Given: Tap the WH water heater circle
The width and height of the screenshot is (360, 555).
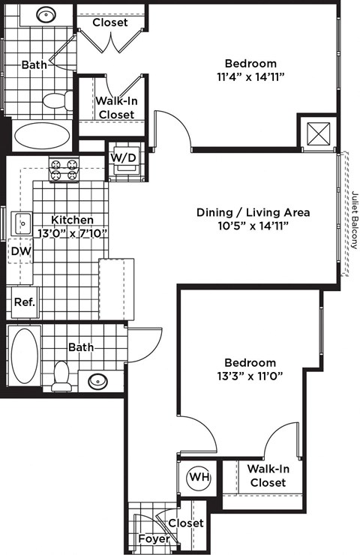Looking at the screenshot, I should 198,477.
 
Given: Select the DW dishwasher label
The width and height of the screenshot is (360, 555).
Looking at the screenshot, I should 21,251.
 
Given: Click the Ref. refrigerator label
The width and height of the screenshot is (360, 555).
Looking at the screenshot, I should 22,303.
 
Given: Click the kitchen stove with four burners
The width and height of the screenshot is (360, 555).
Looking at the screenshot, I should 64,169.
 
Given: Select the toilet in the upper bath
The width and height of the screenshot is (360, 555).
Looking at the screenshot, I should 58,100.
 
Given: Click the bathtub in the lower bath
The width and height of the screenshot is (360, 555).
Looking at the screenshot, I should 25,356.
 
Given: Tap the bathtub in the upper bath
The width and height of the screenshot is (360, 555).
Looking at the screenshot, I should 40,136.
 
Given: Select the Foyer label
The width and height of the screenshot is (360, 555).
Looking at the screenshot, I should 154,539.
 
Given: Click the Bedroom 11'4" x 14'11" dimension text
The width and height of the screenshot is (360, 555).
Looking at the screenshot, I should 250,76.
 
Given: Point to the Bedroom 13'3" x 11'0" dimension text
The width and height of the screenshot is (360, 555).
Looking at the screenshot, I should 250,376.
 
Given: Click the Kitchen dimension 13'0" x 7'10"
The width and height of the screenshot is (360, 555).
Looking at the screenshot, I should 73,233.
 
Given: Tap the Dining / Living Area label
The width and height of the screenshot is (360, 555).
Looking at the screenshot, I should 253,212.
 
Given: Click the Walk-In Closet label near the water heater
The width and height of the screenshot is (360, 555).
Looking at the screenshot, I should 268,475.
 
